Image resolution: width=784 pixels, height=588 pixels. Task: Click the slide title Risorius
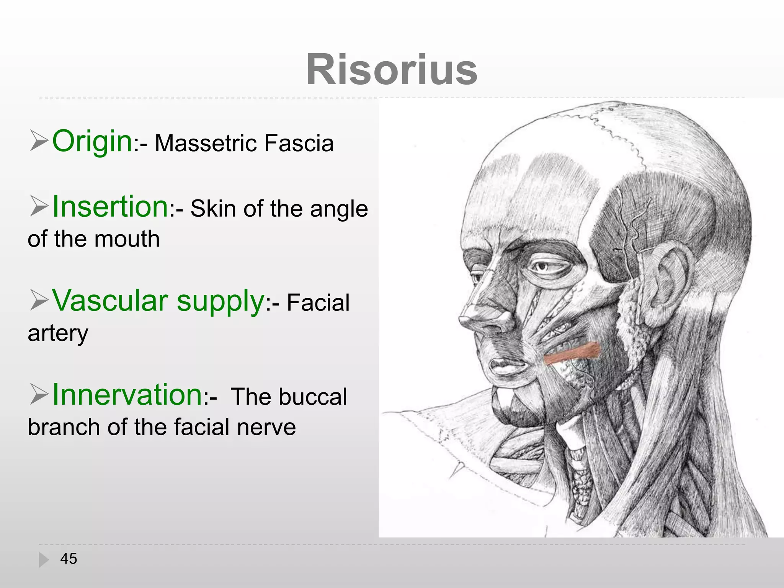pos(392,70)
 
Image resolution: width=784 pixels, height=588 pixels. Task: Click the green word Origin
pos(92,141)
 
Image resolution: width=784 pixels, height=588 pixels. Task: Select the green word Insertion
pos(110,207)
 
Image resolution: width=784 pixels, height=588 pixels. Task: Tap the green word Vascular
pos(110,301)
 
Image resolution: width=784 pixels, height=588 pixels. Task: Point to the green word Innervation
pos(127,395)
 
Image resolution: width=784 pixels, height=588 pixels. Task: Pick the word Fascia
pos(299,144)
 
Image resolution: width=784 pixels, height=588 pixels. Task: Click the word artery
pos(58,333)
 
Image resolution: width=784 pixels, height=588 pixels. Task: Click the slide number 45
pos(69,559)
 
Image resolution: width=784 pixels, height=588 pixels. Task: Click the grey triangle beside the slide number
pos(44,559)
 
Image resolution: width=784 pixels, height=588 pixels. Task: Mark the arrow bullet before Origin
pos(38,140)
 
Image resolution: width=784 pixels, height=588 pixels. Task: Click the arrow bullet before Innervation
pos(38,395)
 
